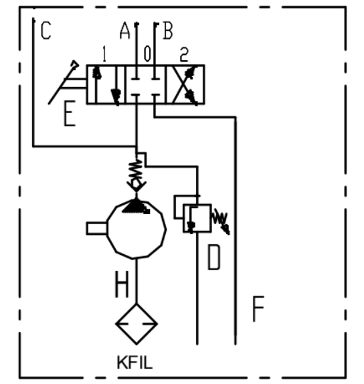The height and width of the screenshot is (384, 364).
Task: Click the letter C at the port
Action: point(45,30)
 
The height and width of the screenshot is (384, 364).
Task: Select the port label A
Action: point(124,30)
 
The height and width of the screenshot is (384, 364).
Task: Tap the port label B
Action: point(168,30)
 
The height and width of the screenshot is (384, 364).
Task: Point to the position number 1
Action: point(104,54)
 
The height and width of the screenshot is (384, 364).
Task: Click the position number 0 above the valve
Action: point(147,54)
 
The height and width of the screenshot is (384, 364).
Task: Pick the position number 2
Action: point(184,54)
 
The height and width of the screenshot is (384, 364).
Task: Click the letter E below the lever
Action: point(70,114)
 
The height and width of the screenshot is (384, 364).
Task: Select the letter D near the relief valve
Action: point(214,258)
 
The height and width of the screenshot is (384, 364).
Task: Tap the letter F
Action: point(258,308)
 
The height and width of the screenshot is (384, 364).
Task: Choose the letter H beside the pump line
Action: point(122,284)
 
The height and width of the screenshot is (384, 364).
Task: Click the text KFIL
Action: point(135,363)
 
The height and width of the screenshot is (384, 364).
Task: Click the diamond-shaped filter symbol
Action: point(136,304)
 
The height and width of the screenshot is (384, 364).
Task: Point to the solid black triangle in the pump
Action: point(136,206)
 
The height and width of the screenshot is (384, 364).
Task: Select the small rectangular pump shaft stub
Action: point(96,228)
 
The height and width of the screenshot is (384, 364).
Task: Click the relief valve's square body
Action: point(197,218)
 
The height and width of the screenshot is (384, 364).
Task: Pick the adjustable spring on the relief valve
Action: point(220,221)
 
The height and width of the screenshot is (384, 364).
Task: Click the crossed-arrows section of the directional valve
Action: point(185,84)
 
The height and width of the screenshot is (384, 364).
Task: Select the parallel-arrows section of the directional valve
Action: point(106,84)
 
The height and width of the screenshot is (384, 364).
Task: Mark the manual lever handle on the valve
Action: point(64,82)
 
